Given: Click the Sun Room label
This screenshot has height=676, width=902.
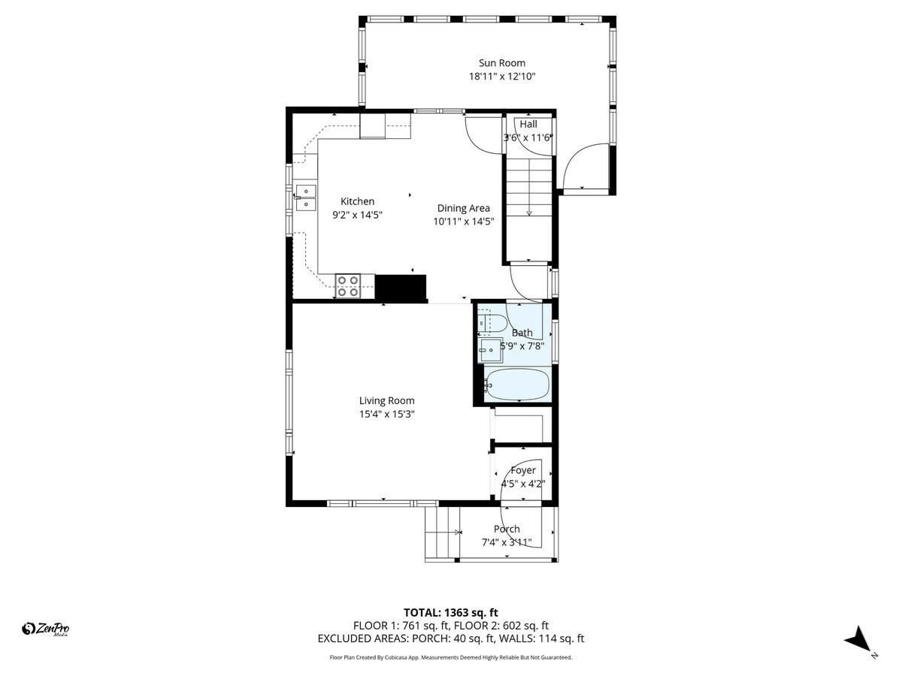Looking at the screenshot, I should click(x=502, y=63).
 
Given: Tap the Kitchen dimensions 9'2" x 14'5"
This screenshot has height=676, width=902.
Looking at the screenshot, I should click(x=357, y=215).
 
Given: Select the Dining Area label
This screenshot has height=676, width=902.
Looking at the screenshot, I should click(x=464, y=208).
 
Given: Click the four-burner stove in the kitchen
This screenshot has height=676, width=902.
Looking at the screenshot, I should click(x=348, y=286).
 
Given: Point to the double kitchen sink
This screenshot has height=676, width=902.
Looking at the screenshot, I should click(x=306, y=198).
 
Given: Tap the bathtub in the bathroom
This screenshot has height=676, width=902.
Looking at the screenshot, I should click(x=517, y=384).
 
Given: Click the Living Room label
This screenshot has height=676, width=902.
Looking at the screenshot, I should click(x=386, y=400).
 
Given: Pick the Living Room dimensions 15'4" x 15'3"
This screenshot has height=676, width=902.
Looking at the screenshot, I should click(x=386, y=414).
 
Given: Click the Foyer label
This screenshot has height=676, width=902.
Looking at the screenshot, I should click(x=523, y=471).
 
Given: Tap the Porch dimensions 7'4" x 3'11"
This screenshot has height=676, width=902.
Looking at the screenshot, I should click(x=507, y=542).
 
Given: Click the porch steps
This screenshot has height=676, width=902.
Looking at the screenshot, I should click(x=442, y=533).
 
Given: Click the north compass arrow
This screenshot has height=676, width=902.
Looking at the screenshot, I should click(x=856, y=641).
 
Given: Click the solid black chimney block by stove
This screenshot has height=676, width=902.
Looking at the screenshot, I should click(x=401, y=288).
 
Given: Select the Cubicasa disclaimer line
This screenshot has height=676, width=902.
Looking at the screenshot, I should click(x=451, y=657).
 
